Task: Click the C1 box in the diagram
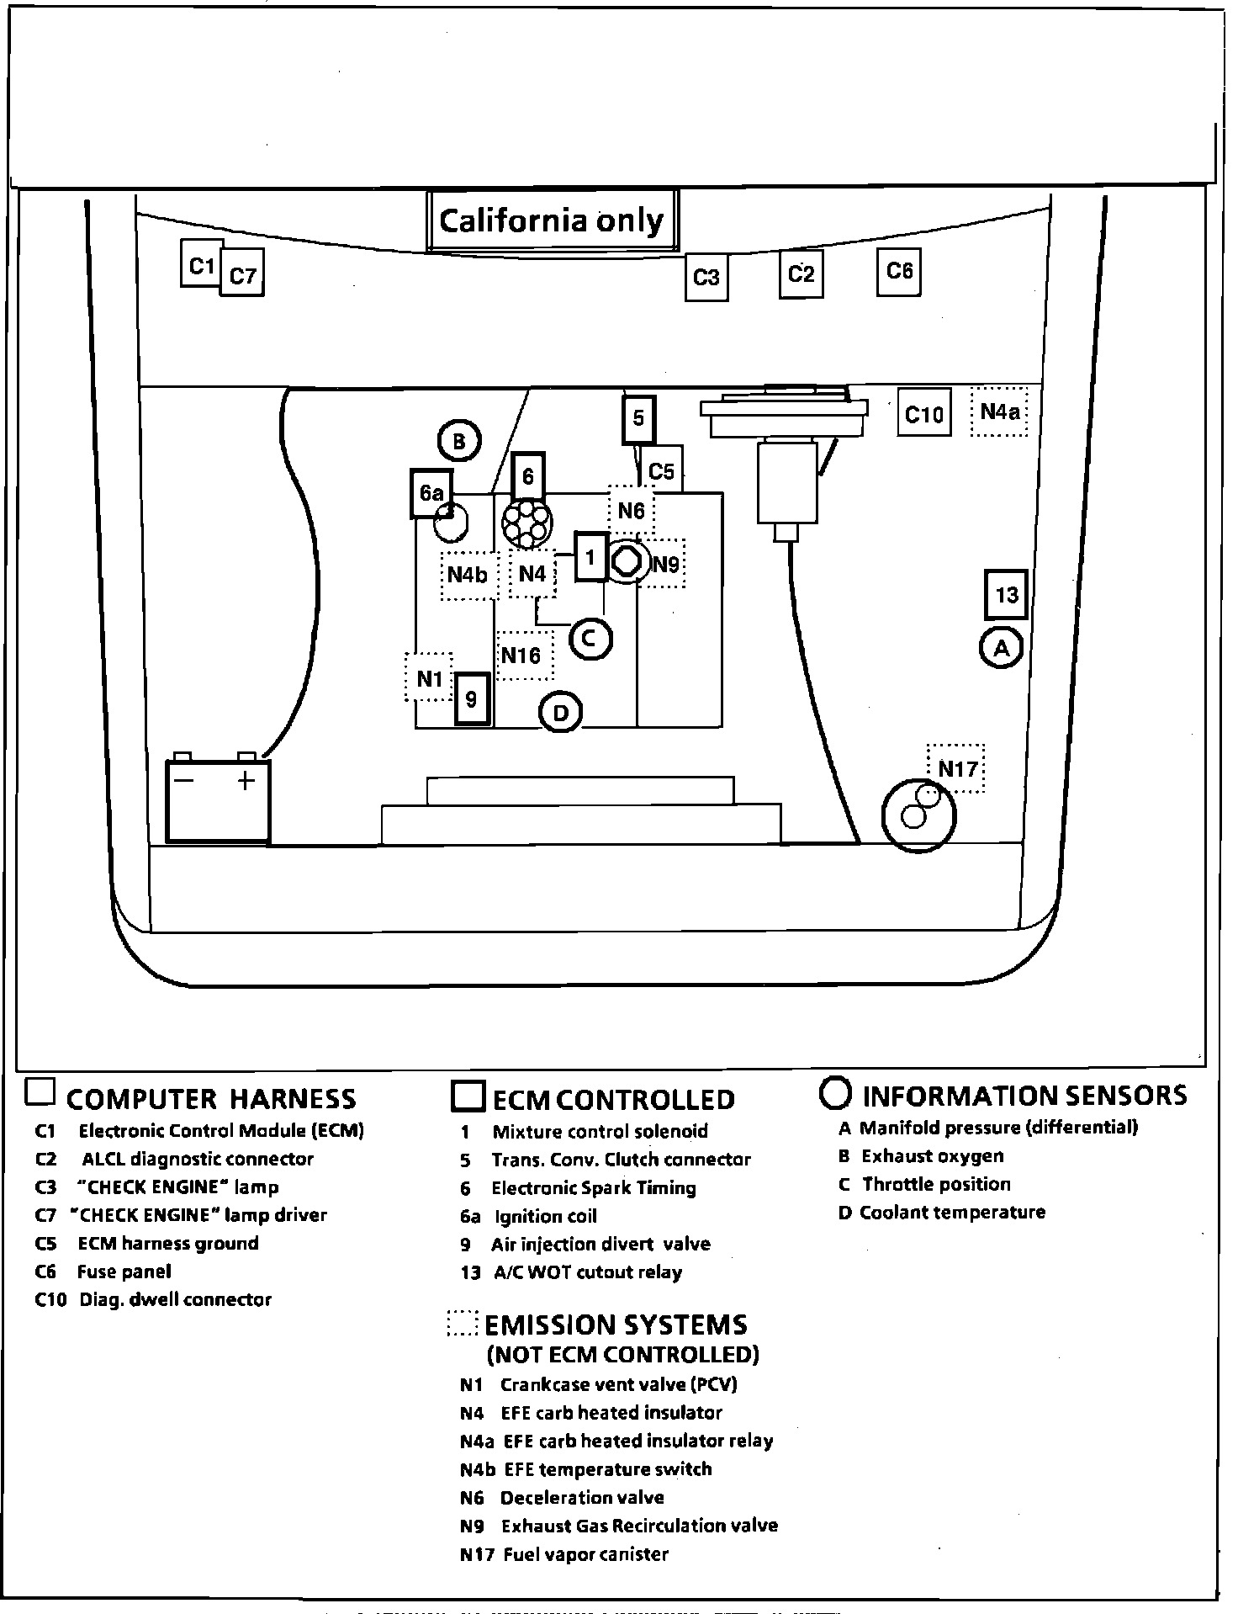[201, 265]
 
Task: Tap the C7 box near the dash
[242, 274]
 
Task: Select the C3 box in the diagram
[706, 277]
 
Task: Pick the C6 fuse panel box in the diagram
[899, 271]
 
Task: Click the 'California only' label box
[552, 220]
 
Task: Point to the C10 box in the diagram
[923, 412]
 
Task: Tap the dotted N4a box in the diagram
[999, 411]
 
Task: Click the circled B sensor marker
[459, 441]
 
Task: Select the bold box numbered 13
[1006, 595]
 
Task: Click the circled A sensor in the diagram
[1001, 647]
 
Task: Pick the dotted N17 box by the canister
[956, 767]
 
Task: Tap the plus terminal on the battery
[246, 781]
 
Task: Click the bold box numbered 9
[471, 698]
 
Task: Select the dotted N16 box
[523, 655]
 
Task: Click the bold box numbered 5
[638, 418]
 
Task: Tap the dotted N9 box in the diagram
[664, 564]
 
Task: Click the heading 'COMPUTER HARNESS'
[210, 1098]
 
